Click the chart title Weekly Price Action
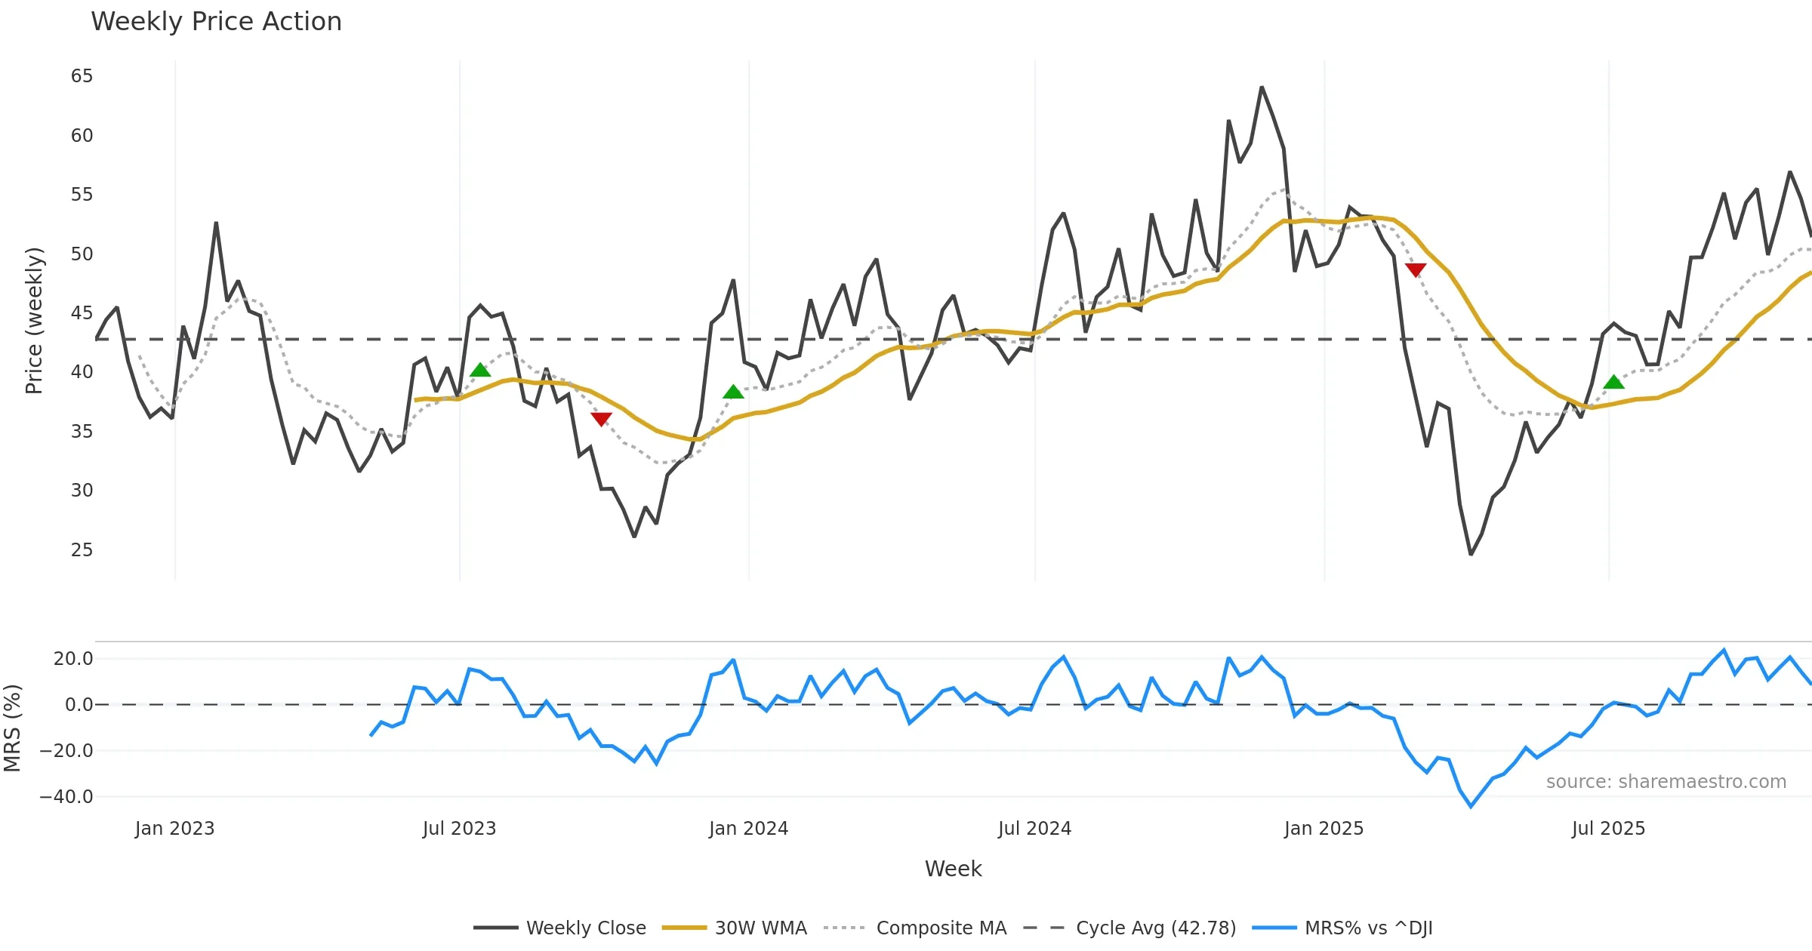click(x=216, y=21)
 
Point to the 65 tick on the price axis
click(x=82, y=76)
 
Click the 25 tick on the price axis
click(x=82, y=549)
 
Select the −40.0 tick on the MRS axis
click(x=66, y=797)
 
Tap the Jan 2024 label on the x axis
click(x=748, y=829)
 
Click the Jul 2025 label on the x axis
click(x=1608, y=829)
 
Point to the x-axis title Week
click(x=953, y=869)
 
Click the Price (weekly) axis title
click(x=34, y=321)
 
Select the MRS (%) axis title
click(x=12, y=728)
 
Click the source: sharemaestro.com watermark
click(x=1666, y=782)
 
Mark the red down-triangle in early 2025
click(x=1416, y=269)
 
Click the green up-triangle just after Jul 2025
click(x=1613, y=383)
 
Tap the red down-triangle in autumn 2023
click(x=601, y=419)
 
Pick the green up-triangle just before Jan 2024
click(x=733, y=392)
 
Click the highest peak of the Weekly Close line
click(x=1262, y=88)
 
